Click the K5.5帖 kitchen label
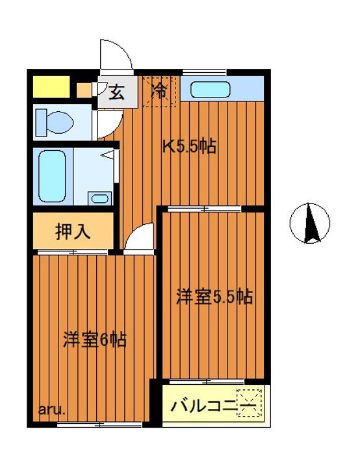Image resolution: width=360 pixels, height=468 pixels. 189,147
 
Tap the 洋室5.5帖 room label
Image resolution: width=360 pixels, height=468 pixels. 214,298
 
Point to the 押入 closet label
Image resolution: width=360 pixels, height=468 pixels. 71,231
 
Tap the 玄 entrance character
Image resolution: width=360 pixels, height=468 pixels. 116,93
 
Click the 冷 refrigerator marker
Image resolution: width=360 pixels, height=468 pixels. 159,92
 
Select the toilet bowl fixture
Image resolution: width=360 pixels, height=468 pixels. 55,120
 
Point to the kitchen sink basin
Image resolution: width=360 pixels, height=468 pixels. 209,89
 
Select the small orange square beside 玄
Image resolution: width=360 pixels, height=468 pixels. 83,90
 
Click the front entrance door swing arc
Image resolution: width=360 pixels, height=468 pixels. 116,56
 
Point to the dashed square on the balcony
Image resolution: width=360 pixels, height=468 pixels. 250,400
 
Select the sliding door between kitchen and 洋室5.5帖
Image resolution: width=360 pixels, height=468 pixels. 204,209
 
